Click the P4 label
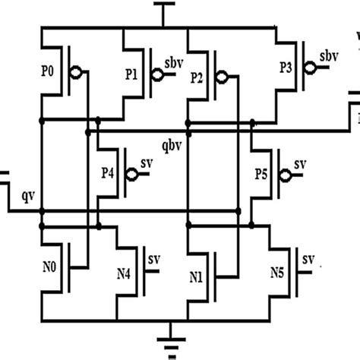[x=106, y=173]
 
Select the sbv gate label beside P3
[x=329, y=56]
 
